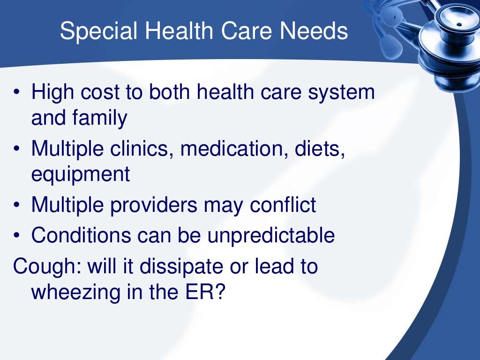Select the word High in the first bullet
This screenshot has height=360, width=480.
[50, 92]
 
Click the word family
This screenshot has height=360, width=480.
[100, 118]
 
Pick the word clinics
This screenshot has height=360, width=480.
[143, 150]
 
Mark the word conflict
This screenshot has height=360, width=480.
[283, 205]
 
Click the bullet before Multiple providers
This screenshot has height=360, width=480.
[16, 205]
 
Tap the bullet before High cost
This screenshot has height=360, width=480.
[16, 92]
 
